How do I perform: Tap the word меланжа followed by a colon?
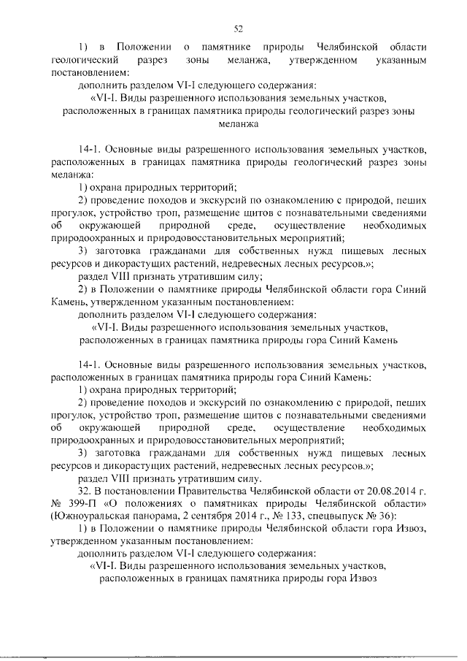coord(70,175)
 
